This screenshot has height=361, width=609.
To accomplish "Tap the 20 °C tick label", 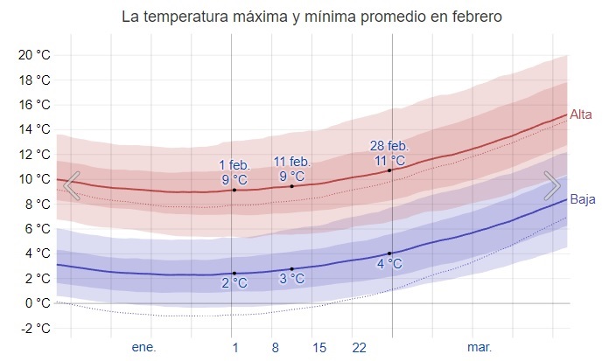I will (x=35, y=55).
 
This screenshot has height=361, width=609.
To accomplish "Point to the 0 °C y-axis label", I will (x=38, y=303).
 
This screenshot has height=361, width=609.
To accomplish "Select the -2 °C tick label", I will (x=36, y=329).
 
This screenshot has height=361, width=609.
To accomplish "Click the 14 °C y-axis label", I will (x=35, y=129).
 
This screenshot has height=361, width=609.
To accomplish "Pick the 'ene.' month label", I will (x=143, y=347).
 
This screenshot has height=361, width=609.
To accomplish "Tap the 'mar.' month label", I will (x=479, y=347).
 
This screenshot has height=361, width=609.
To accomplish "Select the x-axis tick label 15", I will (x=318, y=347).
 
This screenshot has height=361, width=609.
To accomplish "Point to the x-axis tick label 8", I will (x=275, y=347).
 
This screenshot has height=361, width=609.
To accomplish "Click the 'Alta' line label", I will (x=581, y=115).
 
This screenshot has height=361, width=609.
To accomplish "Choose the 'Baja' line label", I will (x=583, y=199).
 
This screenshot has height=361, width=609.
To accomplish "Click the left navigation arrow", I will (x=72, y=185).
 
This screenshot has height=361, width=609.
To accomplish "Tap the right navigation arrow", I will (x=552, y=185).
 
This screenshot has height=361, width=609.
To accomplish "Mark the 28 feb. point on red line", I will (x=390, y=170).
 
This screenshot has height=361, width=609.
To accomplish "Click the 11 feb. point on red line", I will (x=291, y=186).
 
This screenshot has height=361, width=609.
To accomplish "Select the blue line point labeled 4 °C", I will (x=390, y=253).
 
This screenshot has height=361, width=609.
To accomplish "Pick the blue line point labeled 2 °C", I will (x=234, y=274).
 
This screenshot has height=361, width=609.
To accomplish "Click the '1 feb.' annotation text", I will (x=234, y=164).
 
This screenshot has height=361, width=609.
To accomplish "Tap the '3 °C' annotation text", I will (x=291, y=280).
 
